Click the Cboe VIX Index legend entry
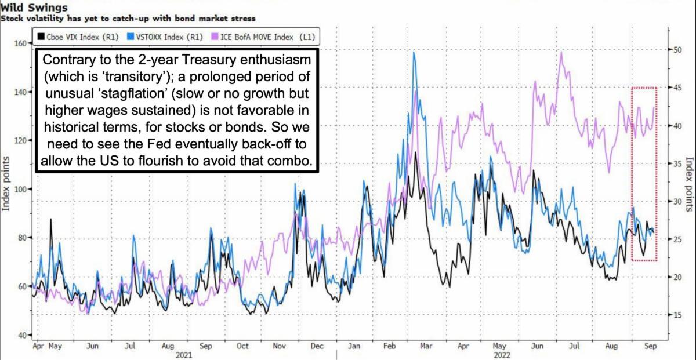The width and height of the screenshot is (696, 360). click(x=78, y=37)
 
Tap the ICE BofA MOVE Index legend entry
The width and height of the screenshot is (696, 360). click(x=264, y=37)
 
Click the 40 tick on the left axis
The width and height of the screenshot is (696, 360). click(x=22, y=336)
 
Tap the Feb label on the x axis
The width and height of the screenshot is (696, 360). click(x=390, y=346)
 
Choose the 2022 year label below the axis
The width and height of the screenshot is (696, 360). click(x=502, y=355)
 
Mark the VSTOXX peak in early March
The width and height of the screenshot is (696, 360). click(x=414, y=53)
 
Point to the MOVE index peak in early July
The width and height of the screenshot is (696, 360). click(x=561, y=53)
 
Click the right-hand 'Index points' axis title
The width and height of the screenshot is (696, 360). click(x=690, y=186)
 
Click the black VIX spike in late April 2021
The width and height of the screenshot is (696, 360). click(x=50, y=220)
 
